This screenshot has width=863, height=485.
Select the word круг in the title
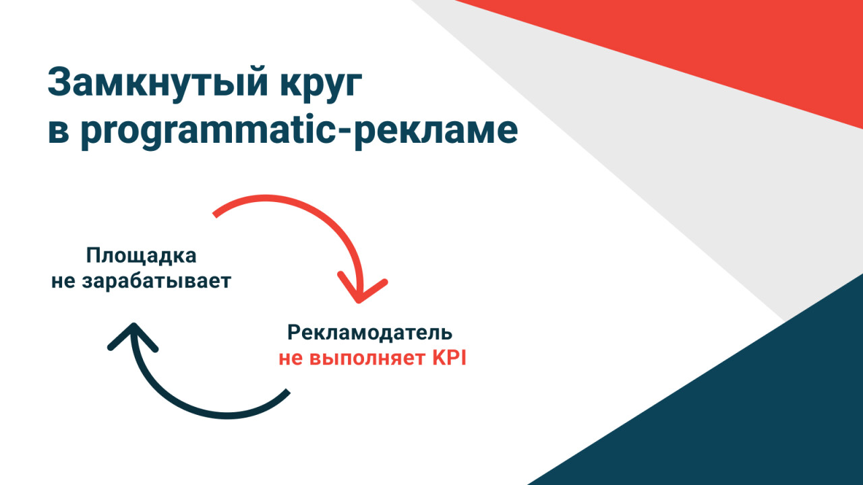click(321, 86)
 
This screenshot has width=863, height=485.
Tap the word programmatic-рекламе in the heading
click(299, 131)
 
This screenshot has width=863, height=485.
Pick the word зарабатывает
click(156, 281)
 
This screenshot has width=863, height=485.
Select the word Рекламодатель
click(370, 333)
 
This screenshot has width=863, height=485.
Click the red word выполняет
click(367, 358)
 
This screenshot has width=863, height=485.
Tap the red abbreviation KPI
click(449, 358)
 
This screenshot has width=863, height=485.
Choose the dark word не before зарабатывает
click(63, 282)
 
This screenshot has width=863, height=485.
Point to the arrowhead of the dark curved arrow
click(133, 325)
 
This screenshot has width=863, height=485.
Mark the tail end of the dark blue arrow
click(288, 391)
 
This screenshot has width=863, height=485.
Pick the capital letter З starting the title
click(61, 82)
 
